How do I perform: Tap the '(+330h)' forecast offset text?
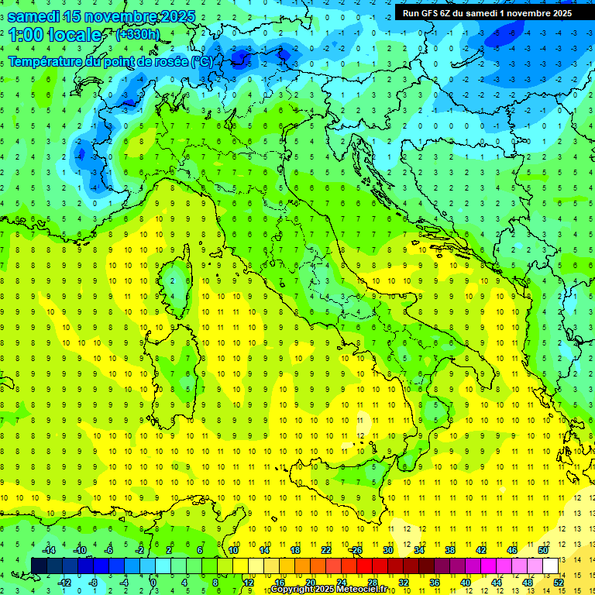coord(138,35)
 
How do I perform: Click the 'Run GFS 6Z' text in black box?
coord(432,12)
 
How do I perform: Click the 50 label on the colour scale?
coord(543,550)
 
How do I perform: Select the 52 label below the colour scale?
coord(559,583)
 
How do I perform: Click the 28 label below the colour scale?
coord(372,583)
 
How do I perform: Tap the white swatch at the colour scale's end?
coord(551,566)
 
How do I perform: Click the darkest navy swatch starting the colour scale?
coord(39,566)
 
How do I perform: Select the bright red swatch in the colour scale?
coord(364,566)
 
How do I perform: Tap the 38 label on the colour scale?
coord(450,550)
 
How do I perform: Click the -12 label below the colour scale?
coord(65,583)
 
